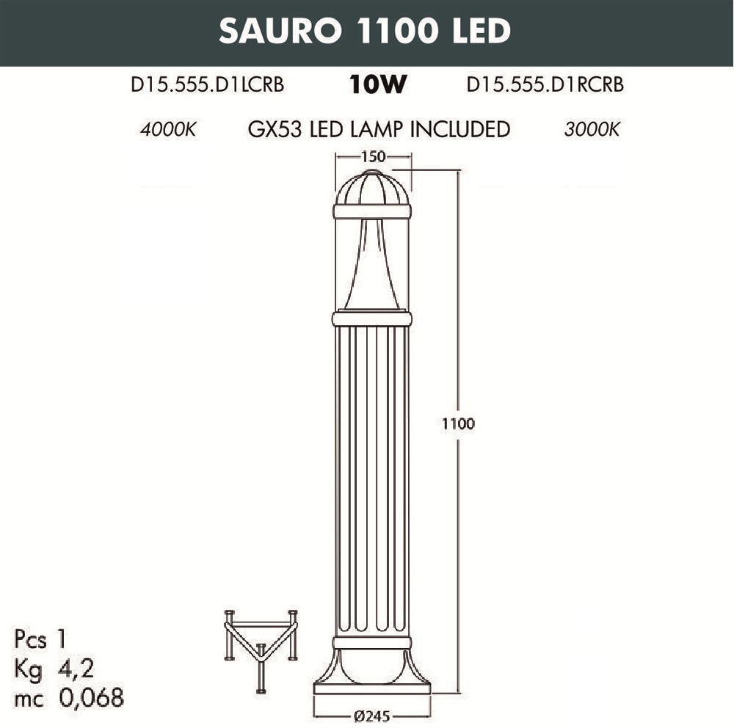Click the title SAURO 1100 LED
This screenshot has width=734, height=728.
tap(365, 31)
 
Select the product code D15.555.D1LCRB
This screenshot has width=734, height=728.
tap(208, 84)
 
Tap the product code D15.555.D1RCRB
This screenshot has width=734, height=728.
tap(545, 84)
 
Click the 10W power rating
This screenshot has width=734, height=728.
tap(378, 84)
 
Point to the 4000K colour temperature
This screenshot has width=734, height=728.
tap(168, 129)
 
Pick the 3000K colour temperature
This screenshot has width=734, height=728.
tap(592, 129)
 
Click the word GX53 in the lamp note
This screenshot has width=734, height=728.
tap(275, 129)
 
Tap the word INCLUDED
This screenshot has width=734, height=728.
tap(460, 129)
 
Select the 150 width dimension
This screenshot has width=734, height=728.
tap(373, 156)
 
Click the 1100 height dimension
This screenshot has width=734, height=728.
tap(458, 423)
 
